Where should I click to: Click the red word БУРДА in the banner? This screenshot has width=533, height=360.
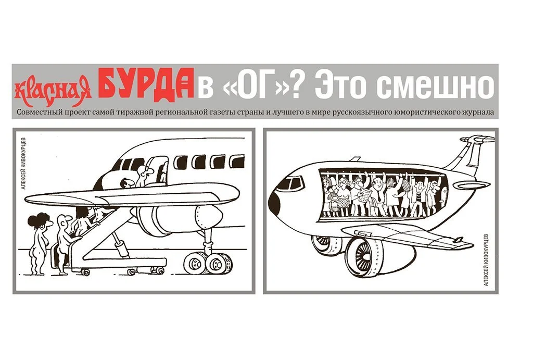[146, 84]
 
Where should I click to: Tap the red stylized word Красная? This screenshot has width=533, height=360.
[53, 90]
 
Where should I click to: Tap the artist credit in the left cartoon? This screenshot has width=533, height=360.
[23, 163]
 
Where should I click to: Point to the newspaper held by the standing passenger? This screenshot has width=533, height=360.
[366, 195]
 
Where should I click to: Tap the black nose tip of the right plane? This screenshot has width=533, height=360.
[273, 203]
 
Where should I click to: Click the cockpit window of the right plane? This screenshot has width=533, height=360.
[291, 183]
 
